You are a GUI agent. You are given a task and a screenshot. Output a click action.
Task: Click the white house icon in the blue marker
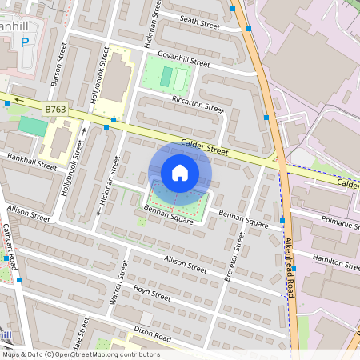tap(180, 172)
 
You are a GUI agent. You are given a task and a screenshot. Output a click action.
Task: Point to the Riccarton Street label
tap(198, 103)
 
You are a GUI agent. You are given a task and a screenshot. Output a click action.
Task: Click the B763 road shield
tap(56, 109)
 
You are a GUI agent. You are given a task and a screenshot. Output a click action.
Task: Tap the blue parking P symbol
tap(24, 42)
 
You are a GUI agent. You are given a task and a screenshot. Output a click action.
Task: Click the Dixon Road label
tap(152, 332)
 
